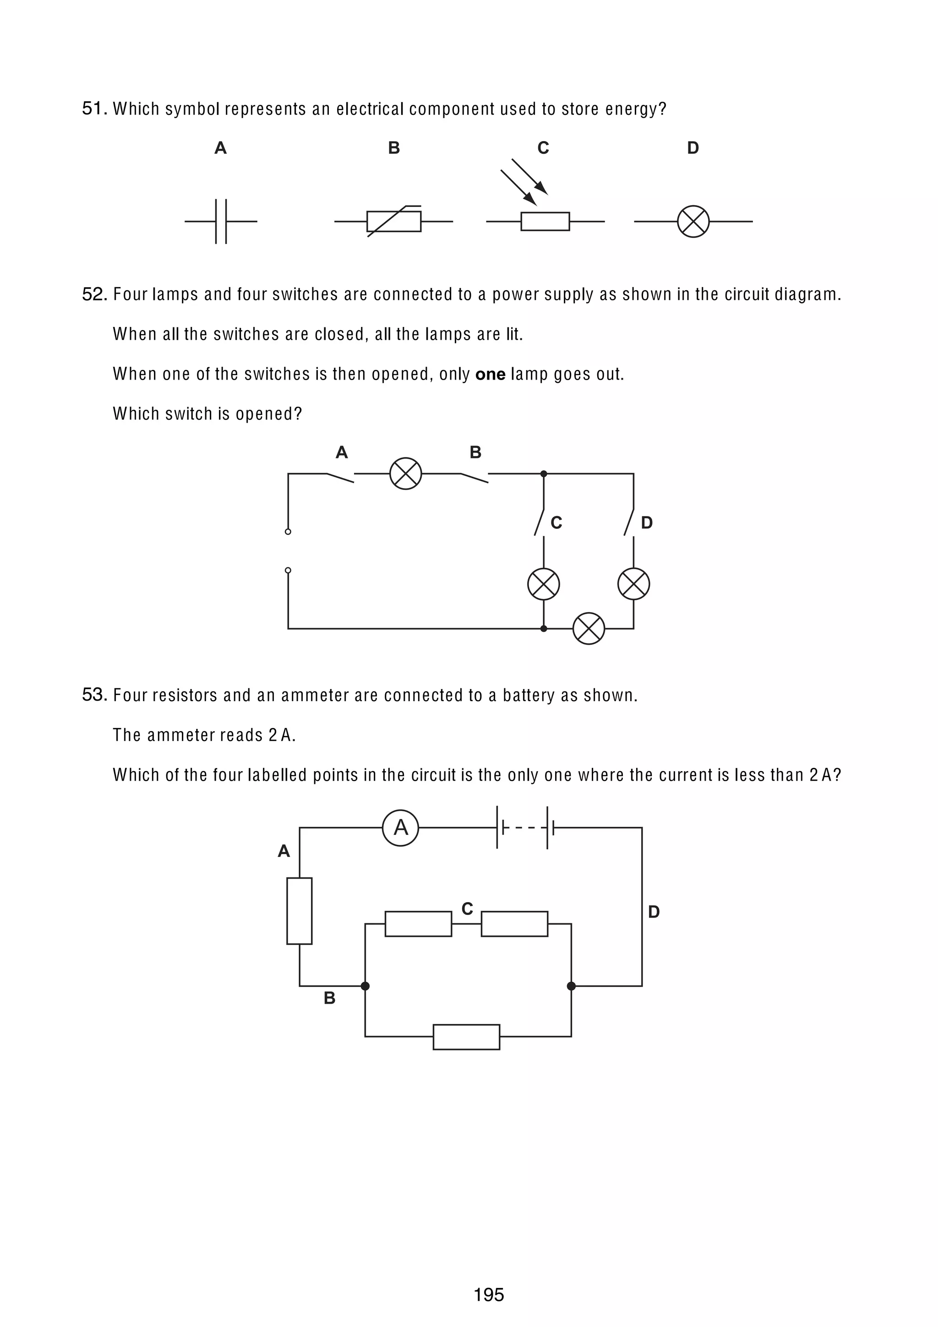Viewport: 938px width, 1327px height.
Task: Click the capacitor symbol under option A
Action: point(221,221)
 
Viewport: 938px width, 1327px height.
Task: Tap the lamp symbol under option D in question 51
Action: point(693,221)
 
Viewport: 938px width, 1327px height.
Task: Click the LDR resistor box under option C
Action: point(545,221)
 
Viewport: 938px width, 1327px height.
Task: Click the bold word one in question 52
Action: point(490,375)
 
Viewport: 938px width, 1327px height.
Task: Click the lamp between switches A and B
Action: point(406,474)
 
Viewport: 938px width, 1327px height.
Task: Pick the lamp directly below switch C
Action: point(543,584)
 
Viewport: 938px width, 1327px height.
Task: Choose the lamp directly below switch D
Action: point(633,584)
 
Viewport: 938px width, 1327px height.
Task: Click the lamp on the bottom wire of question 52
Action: point(589,628)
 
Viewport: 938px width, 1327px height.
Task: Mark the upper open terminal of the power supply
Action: point(288,532)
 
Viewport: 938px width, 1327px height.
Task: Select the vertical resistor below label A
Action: point(300,911)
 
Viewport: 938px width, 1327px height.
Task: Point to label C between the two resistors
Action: point(467,909)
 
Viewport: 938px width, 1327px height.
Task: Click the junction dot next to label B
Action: point(365,986)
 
